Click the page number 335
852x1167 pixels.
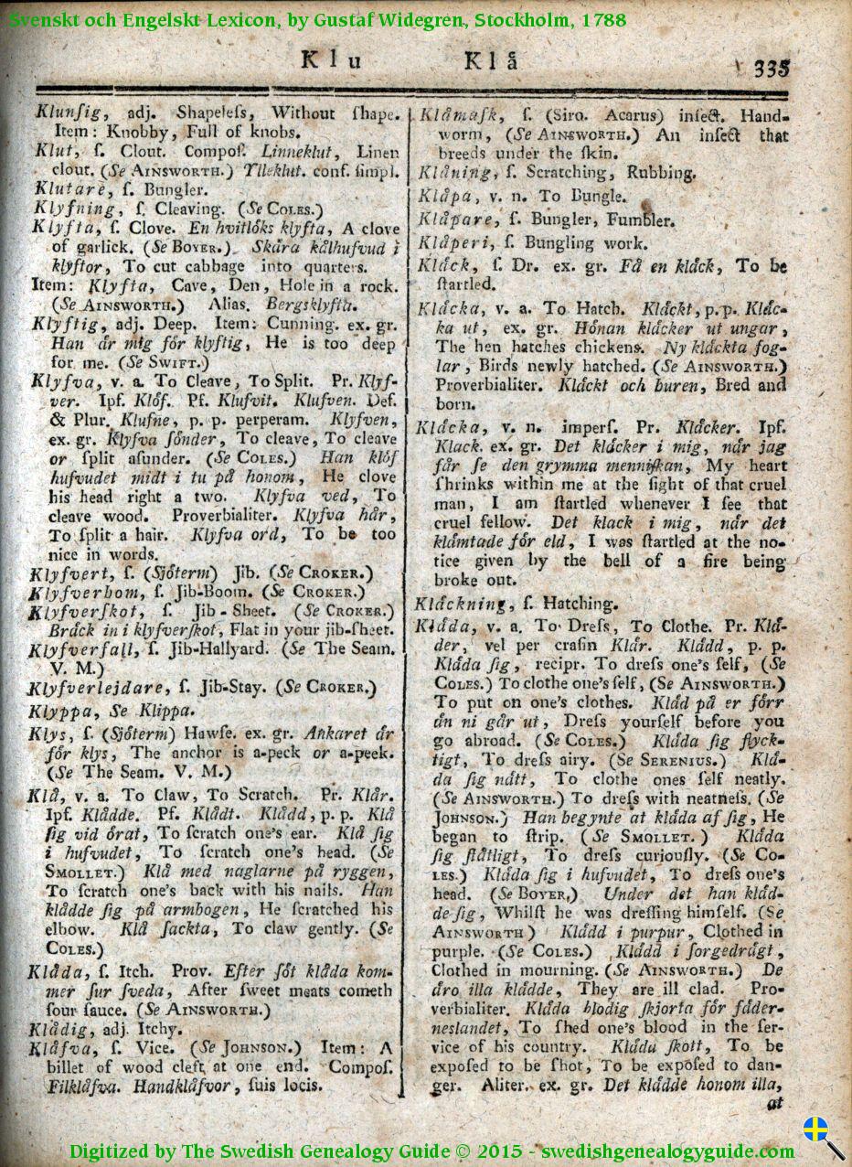(772, 68)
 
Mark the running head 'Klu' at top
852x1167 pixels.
(333, 63)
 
